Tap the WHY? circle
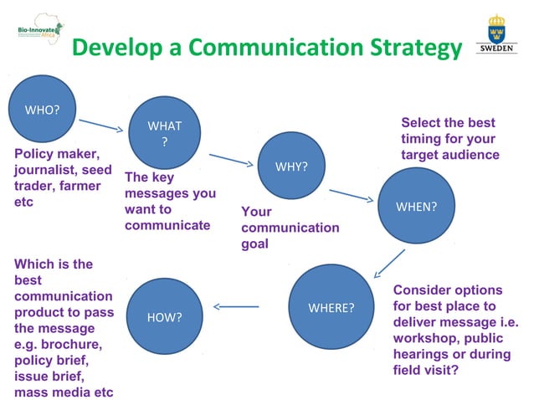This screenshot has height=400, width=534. (291, 166)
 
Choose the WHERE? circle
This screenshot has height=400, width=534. (331, 307)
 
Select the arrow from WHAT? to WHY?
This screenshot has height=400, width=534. (230, 159)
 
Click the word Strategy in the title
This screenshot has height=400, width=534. (408, 49)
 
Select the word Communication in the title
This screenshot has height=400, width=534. (271, 49)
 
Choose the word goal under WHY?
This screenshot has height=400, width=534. (254, 244)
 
